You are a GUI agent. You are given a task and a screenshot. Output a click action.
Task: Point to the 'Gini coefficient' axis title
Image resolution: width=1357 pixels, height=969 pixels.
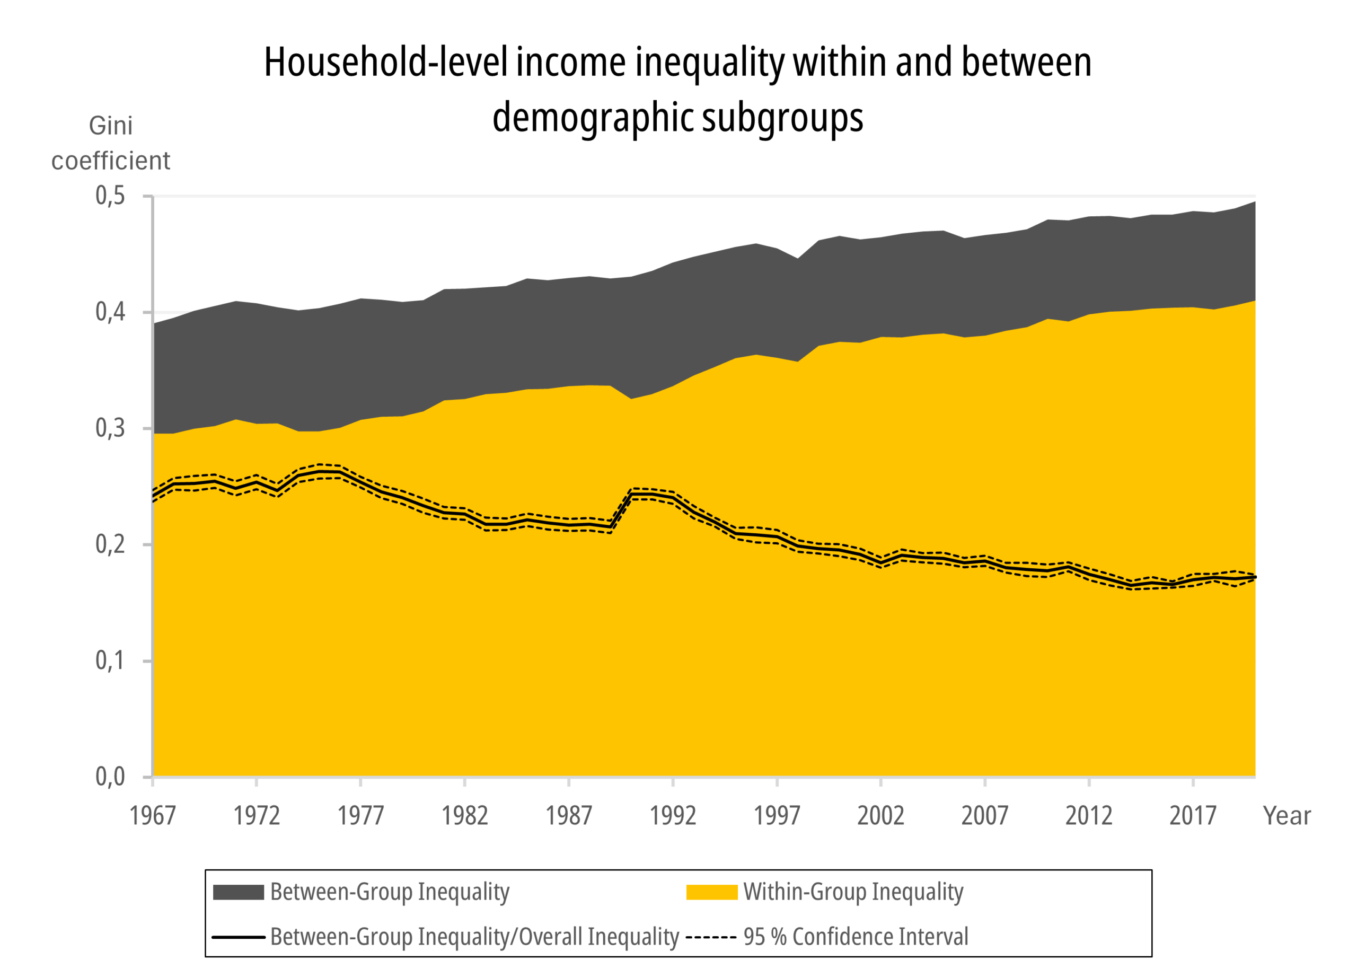click(x=110, y=143)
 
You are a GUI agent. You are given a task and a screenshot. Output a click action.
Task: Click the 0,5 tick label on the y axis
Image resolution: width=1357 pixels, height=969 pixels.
click(x=110, y=196)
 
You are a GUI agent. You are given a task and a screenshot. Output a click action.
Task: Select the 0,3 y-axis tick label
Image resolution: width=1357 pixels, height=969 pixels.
click(x=110, y=428)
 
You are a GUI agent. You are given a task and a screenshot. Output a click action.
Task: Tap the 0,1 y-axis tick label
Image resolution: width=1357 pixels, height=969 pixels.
click(x=110, y=660)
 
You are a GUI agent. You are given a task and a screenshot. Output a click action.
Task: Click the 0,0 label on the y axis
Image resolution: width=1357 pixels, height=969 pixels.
click(x=110, y=776)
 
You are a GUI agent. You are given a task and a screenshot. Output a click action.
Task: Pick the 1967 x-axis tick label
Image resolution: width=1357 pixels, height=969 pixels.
click(x=153, y=816)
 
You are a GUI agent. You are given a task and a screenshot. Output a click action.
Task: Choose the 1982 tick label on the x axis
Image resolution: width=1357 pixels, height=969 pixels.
click(x=465, y=816)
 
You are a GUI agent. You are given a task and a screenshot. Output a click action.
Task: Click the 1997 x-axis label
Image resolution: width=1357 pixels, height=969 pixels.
click(x=777, y=816)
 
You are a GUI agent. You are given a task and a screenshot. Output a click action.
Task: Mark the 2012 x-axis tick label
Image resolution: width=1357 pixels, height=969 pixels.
click(x=1089, y=816)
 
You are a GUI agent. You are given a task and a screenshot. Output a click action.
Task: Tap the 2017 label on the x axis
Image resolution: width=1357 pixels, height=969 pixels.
click(x=1192, y=816)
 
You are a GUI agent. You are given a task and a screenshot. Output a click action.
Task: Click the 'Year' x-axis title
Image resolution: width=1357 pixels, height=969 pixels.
click(x=1286, y=816)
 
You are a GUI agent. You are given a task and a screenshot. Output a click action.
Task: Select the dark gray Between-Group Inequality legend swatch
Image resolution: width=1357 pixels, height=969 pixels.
click(x=238, y=892)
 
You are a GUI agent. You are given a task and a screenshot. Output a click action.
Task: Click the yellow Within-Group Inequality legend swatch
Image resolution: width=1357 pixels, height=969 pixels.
click(x=711, y=892)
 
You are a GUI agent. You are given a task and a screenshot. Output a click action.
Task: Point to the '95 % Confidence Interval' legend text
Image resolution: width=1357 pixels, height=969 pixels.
click(x=856, y=937)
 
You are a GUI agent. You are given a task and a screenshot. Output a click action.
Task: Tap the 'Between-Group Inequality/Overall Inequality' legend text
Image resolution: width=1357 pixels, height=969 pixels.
click(x=474, y=937)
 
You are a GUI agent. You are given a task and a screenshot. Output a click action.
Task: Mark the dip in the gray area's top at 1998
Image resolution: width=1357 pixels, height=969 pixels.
click(x=797, y=258)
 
